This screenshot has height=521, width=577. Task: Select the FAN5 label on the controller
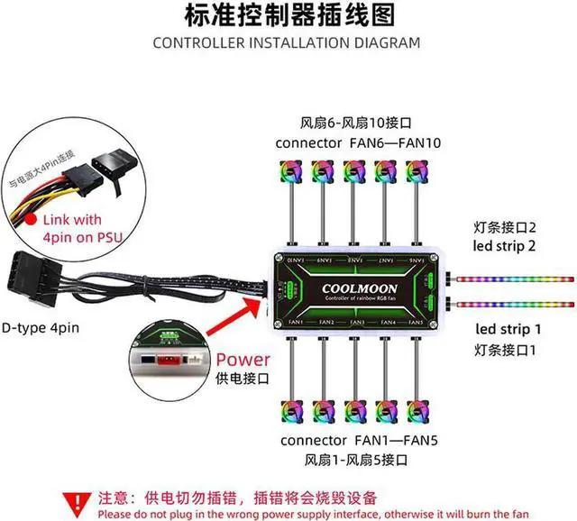coord(416,322)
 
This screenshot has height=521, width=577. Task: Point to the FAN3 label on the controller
coord(357,322)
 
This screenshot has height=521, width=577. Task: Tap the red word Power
coord(243,361)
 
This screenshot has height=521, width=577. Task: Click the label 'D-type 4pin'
coord(41,327)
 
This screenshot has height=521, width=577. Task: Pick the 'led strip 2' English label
coord(508,245)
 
